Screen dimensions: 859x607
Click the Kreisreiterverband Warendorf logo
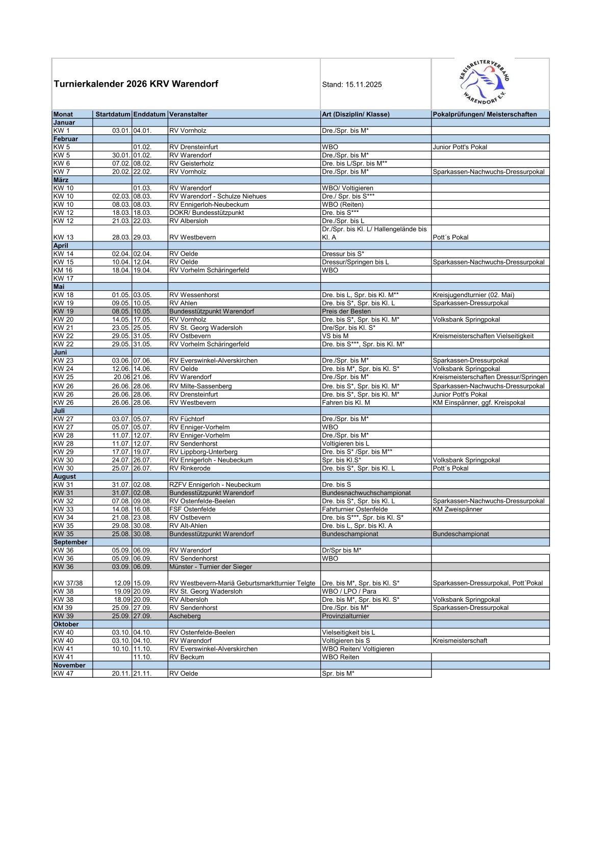(484, 82)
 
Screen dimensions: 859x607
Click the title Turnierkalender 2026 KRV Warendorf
(136, 84)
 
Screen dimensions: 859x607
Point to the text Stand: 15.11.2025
(351, 85)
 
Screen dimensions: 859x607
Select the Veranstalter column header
(188, 114)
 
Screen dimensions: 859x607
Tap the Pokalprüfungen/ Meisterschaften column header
(484, 114)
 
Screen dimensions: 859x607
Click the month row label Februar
(66, 139)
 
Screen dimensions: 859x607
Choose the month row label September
(70, 542)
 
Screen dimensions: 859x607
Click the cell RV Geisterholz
(191, 163)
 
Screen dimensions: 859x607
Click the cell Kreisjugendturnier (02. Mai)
(473, 295)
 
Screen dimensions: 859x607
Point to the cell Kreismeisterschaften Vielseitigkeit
(483, 336)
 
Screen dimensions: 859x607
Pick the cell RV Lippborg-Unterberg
(203, 452)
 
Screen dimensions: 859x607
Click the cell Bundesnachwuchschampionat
(366, 493)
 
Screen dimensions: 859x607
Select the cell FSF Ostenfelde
(192, 509)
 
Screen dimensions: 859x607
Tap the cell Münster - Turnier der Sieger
(210, 567)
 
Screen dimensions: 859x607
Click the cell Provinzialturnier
(345, 616)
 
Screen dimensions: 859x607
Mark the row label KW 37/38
(68, 583)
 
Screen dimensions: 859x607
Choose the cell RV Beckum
(186, 657)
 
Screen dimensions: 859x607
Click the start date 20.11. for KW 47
(121, 674)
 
